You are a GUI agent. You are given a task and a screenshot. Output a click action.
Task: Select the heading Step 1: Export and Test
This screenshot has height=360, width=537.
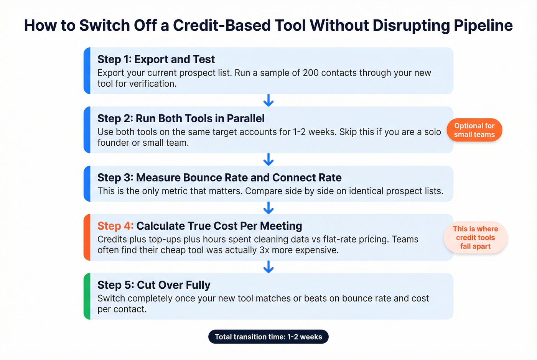click(x=156, y=59)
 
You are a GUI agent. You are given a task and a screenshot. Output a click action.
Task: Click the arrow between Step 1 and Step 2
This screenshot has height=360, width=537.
click(x=268, y=100)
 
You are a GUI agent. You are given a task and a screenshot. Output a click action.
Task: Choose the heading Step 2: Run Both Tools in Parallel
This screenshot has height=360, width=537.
click(x=181, y=118)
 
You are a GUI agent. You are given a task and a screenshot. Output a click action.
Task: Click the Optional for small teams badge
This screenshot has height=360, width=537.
click(x=474, y=130)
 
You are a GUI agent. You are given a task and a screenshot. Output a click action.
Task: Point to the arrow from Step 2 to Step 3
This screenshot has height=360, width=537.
click(x=268, y=159)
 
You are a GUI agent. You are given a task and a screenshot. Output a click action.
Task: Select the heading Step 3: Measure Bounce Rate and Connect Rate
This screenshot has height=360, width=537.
click(x=219, y=178)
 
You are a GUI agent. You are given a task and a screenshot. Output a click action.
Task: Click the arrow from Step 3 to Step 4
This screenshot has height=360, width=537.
click(x=268, y=208)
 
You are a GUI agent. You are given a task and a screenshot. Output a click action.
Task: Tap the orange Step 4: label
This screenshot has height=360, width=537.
click(x=115, y=226)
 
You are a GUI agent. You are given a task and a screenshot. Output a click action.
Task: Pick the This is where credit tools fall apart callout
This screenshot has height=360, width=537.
click(x=475, y=237)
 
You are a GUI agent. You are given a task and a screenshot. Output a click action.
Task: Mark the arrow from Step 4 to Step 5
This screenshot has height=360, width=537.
click(x=268, y=267)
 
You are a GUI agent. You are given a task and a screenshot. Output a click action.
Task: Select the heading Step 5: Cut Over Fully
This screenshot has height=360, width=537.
click(x=153, y=285)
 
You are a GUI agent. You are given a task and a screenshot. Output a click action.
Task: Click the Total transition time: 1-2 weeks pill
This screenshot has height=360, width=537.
click(x=268, y=337)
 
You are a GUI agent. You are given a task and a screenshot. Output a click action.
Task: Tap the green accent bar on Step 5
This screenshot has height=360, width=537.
click(x=87, y=296)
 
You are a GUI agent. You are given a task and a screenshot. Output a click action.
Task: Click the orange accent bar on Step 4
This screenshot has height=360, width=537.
click(x=87, y=237)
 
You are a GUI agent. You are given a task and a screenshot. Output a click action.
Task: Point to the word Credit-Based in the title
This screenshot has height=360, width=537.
click(x=239, y=26)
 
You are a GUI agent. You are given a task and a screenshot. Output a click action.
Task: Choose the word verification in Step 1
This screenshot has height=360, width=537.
click(x=152, y=84)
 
